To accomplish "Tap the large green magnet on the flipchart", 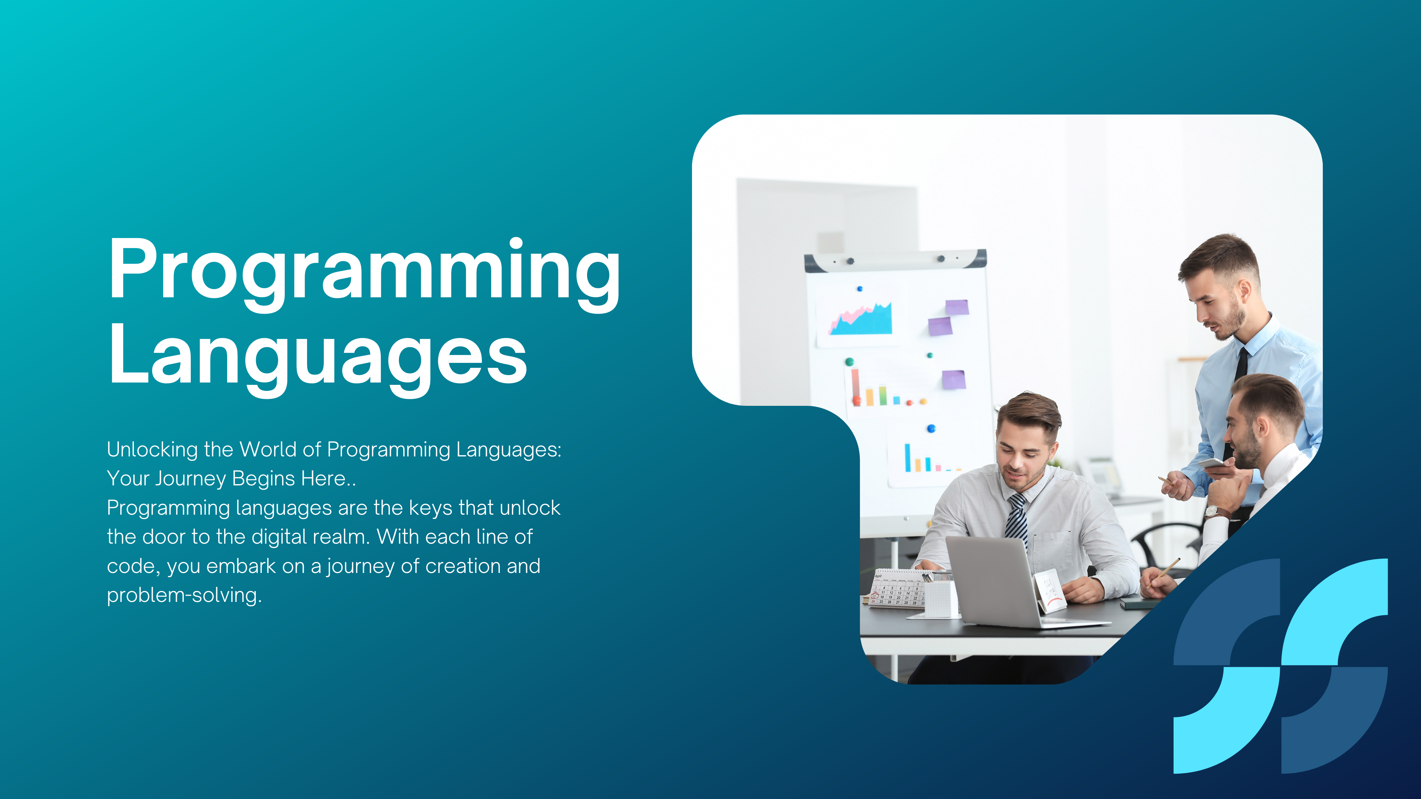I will click(x=850, y=362).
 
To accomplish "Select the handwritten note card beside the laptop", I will click(x=1050, y=592).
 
